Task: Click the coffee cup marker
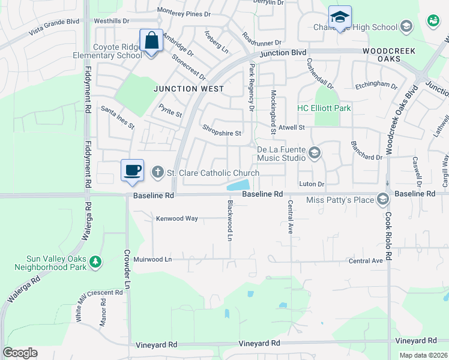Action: point(132,170)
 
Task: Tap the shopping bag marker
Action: point(151,41)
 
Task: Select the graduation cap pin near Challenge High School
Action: point(340,17)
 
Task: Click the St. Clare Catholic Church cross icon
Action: point(158,173)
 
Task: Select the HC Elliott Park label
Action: point(324,109)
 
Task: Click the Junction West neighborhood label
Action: point(188,89)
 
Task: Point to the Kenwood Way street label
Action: point(177,219)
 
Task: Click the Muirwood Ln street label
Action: point(152,260)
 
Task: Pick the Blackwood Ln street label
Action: point(229,220)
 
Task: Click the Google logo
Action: point(20,353)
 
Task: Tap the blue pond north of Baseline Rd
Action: point(239,186)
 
